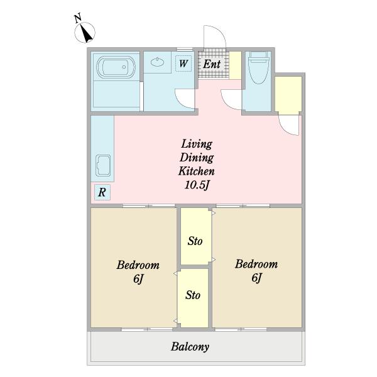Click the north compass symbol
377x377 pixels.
point(85,33)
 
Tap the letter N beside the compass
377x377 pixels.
point(77,18)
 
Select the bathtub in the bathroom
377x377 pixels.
point(116,67)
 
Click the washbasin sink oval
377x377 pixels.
point(158,62)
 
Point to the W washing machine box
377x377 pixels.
point(183,63)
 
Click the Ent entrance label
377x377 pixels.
point(212,64)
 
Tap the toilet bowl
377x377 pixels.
point(258,68)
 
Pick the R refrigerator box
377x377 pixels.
point(102,192)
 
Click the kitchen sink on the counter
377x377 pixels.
point(103,166)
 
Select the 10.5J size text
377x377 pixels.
point(197,185)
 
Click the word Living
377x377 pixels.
point(197,144)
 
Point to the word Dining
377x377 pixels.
point(197,158)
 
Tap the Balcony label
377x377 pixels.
point(190,347)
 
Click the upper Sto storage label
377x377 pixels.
point(195,241)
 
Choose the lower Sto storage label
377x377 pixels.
point(193,295)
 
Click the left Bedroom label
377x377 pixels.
point(138,265)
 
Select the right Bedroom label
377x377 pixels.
point(256,264)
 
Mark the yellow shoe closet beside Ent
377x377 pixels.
point(235,65)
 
